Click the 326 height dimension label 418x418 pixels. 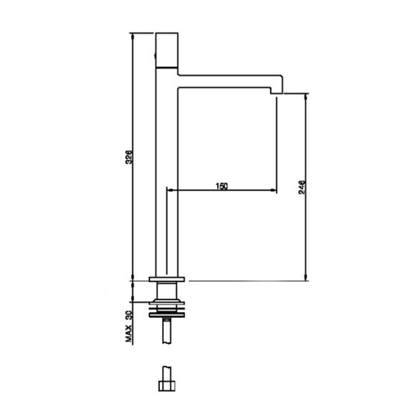(x=129, y=157)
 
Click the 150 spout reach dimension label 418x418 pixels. (x=222, y=186)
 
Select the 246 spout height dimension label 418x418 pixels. (x=302, y=187)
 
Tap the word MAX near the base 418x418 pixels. (x=129, y=334)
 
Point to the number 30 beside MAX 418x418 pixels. (x=129, y=316)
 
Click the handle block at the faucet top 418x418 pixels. (x=167, y=50)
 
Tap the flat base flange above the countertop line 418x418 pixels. (x=167, y=280)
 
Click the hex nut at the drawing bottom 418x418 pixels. (x=167, y=386)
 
